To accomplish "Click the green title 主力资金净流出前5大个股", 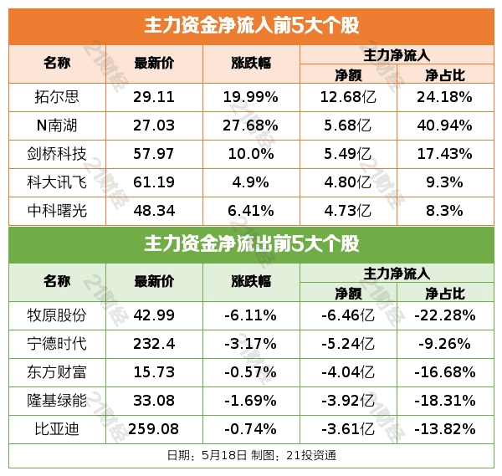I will pyautogui.click(x=251, y=244).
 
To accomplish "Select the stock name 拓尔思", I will pyautogui.click(x=58, y=97).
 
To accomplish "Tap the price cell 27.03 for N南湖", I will pyautogui.click(x=154, y=125).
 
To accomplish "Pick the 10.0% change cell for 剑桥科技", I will pyautogui.click(x=250, y=154).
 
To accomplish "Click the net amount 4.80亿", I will pyautogui.click(x=347, y=182).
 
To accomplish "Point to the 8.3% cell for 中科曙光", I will pyautogui.click(x=444, y=211).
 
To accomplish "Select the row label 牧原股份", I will pyautogui.click(x=58, y=315).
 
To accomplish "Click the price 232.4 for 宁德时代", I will pyautogui.click(x=154, y=344).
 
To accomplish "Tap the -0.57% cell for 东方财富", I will pyautogui.click(x=250, y=372).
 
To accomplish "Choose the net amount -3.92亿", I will pyautogui.click(x=347, y=401).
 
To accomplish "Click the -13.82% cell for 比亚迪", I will pyautogui.click(x=444, y=429).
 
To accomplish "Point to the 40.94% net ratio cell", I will pyautogui.click(x=444, y=125).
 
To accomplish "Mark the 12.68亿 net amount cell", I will pyautogui.click(x=347, y=97).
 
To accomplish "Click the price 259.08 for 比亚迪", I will pyautogui.click(x=154, y=429).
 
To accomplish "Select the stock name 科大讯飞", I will pyautogui.click(x=58, y=182).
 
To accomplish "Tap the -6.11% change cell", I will pyautogui.click(x=250, y=315).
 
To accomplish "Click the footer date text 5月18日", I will pyautogui.click(x=223, y=456).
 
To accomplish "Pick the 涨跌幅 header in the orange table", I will pyautogui.click(x=250, y=64).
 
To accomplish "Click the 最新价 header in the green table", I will pyautogui.click(x=154, y=282).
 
